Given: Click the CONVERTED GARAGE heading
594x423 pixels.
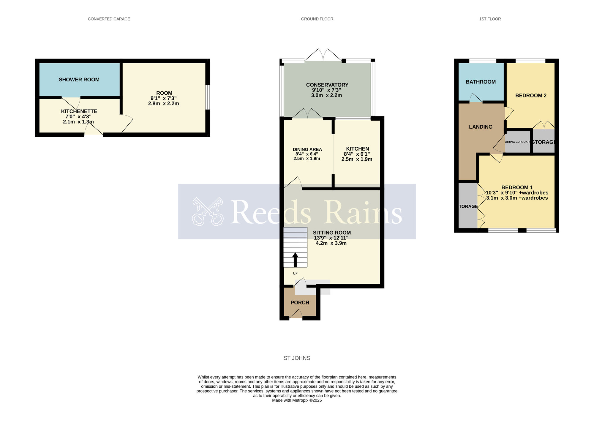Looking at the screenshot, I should click(x=109, y=19).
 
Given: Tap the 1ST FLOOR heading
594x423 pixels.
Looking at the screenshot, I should click(x=490, y=19).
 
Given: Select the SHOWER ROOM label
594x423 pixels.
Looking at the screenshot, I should click(x=79, y=80).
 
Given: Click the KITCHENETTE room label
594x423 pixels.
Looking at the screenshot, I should click(x=79, y=111).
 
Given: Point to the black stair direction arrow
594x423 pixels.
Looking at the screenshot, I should click(x=295, y=259).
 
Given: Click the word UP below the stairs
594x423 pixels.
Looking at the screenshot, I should click(x=295, y=273).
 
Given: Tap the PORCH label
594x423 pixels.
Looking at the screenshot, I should click(x=300, y=303).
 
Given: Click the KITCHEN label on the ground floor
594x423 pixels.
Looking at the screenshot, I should click(x=358, y=149).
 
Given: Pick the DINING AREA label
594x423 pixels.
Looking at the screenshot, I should click(x=307, y=149).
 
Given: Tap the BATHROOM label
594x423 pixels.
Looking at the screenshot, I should click(x=480, y=82).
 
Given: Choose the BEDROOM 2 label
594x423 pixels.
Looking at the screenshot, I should click(x=531, y=96).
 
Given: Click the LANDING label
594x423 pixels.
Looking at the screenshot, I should click(x=480, y=127).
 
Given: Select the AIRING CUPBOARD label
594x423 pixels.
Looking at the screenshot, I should click(x=517, y=142).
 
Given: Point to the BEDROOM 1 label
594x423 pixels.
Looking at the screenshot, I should click(x=517, y=187).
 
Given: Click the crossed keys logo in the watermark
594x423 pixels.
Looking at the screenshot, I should click(x=208, y=211).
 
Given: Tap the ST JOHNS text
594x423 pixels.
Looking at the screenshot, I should click(x=297, y=358).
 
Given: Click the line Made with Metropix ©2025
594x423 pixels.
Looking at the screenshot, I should click(x=297, y=400).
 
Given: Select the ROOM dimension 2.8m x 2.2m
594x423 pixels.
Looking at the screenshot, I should click(x=163, y=104).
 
